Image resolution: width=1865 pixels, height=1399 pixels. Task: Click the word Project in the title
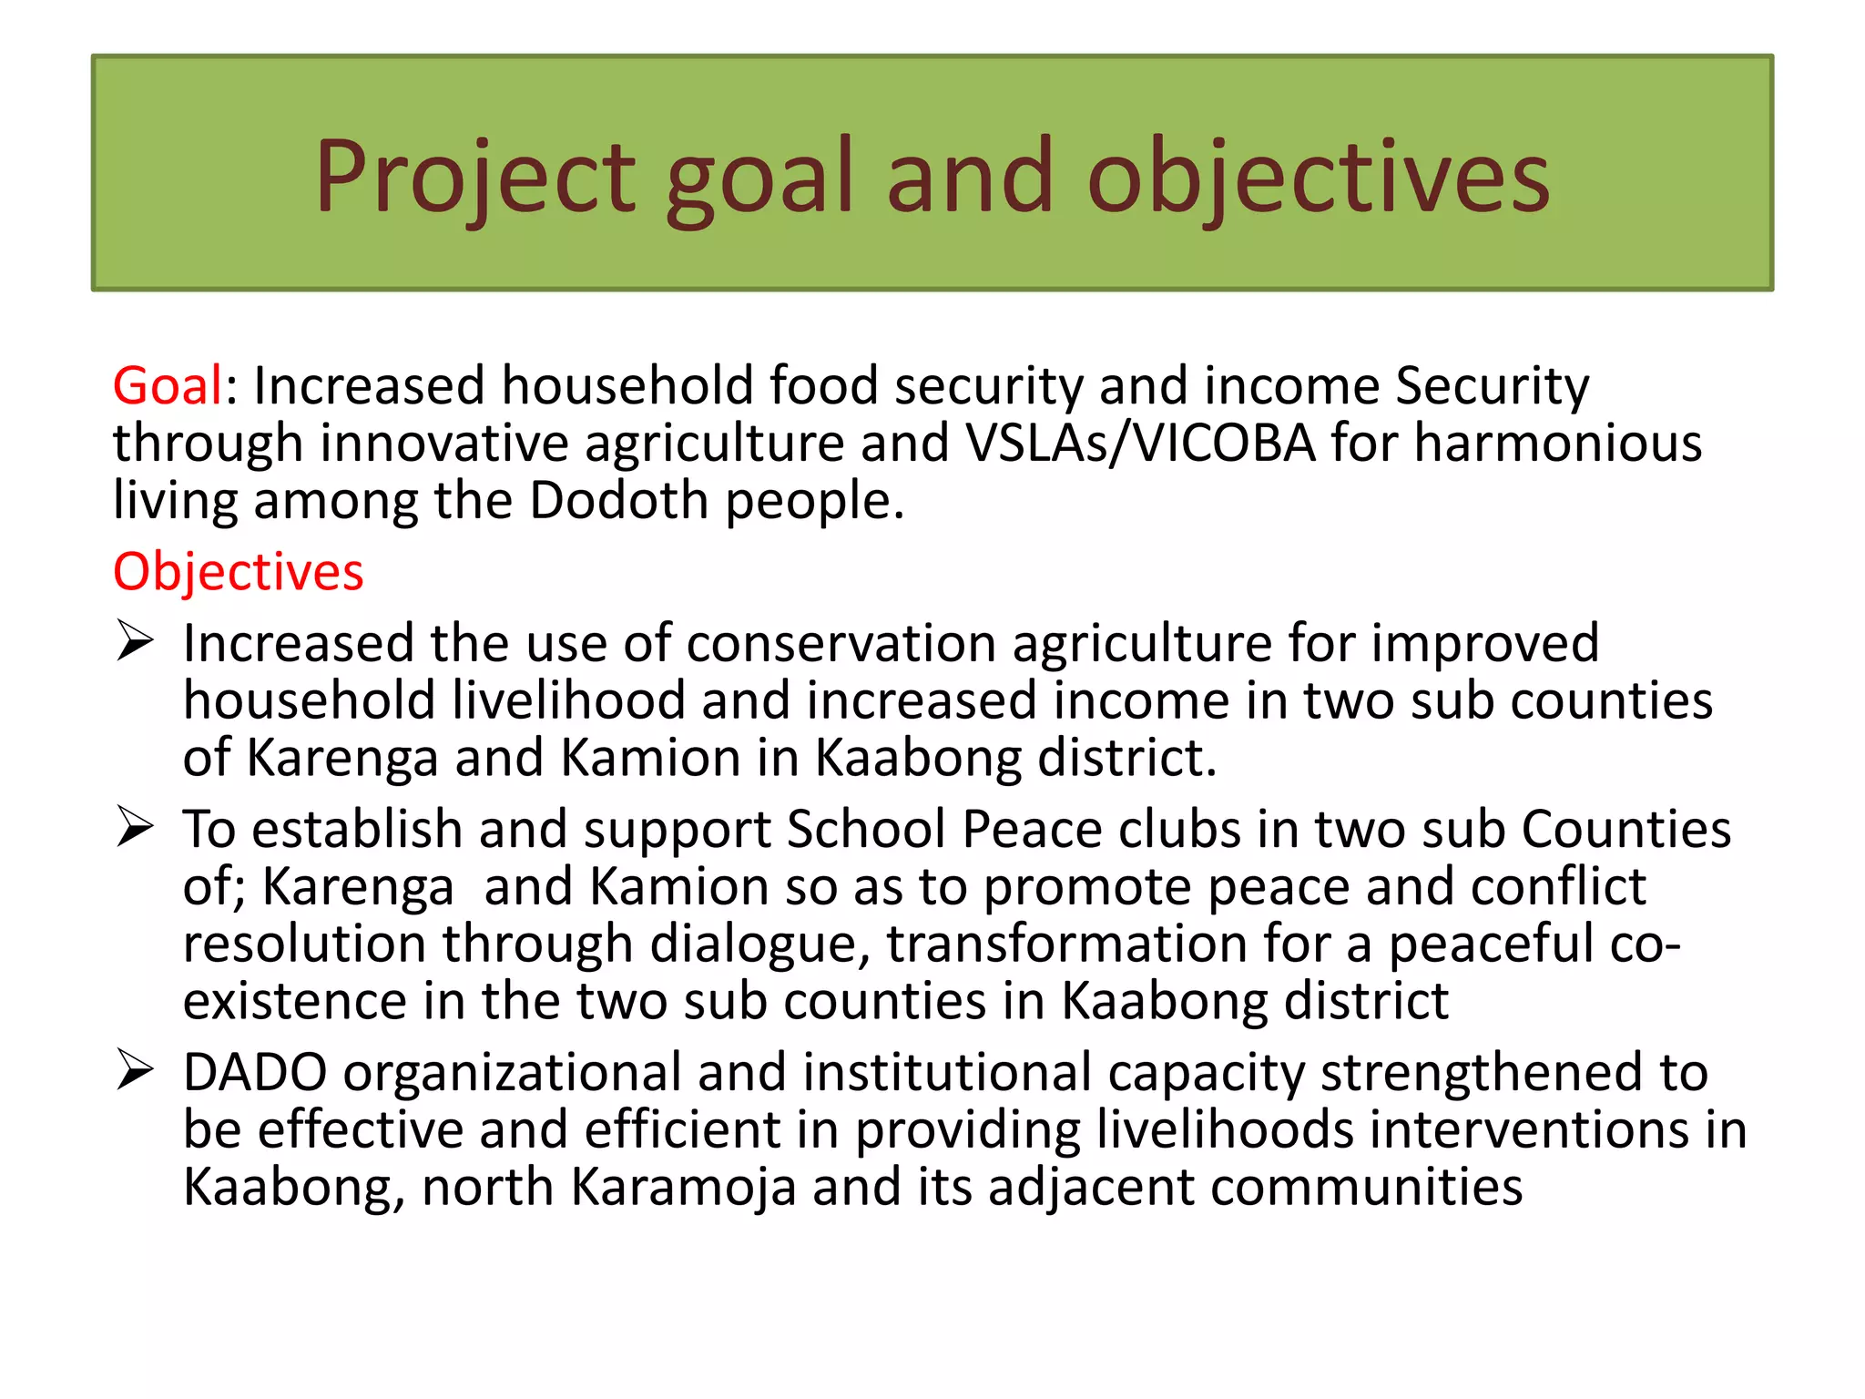(x=474, y=177)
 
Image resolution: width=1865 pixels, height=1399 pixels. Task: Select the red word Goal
(x=168, y=385)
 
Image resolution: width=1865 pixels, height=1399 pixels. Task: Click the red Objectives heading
(x=238, y=572)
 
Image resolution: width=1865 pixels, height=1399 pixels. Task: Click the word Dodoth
(x=618, y=500)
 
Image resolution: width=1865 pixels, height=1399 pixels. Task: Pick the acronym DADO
(x=255, y=1072)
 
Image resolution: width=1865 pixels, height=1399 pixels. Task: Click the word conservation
(x=841, y=644)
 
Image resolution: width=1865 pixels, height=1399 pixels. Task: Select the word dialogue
(x=759, y=944)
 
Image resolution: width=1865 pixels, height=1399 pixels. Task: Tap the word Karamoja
(x=683, y=1188)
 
